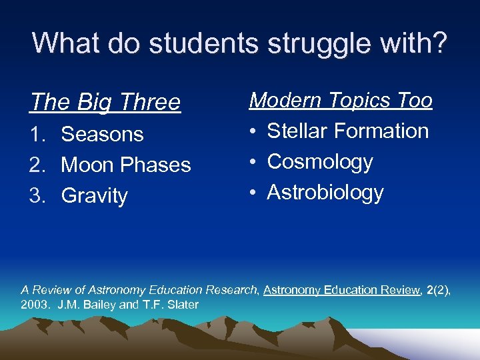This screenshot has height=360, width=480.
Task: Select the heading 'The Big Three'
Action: pyautogui.click(x=105, y=102)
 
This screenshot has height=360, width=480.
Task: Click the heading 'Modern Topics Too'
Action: pyautogui.click(x=341, y=100)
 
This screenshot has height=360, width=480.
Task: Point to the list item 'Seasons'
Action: pyautogui.click(x=102, y=134)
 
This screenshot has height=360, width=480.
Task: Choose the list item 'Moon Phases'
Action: pyautogui.click(x=126, y=165)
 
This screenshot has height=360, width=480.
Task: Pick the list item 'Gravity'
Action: pyautogui.click(x=94, y=196)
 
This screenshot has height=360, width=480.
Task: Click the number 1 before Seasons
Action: pyautogui.click(x=36, y=134)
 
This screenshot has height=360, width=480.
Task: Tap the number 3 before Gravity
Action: pyautogui.click(x=36, y=196)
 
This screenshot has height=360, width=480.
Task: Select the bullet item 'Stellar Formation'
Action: pyautogui.click(x=347, y=131)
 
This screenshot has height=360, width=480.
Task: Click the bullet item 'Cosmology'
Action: pyautogui.click(x=320, y=162)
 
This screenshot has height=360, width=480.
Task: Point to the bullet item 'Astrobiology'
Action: pyautogui.click(x=325, y=193)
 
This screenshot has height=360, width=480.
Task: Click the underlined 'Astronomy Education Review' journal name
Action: pyautogui.click(x=341, y=290)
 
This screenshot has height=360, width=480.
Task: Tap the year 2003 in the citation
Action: pyautogui.click(x=33, y=305)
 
